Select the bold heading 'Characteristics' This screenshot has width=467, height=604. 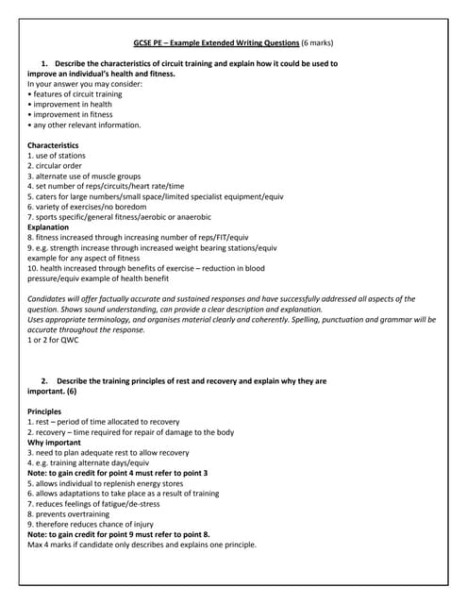53,144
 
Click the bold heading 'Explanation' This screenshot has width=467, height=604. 48,227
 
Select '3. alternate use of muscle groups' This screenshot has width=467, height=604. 84,176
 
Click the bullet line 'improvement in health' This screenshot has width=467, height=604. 71,104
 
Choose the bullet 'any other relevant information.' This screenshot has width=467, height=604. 86,125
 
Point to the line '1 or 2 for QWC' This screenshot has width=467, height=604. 54,340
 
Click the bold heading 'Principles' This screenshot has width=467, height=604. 44,411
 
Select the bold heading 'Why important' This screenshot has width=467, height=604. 54,443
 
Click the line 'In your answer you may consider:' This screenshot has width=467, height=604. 85,83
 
